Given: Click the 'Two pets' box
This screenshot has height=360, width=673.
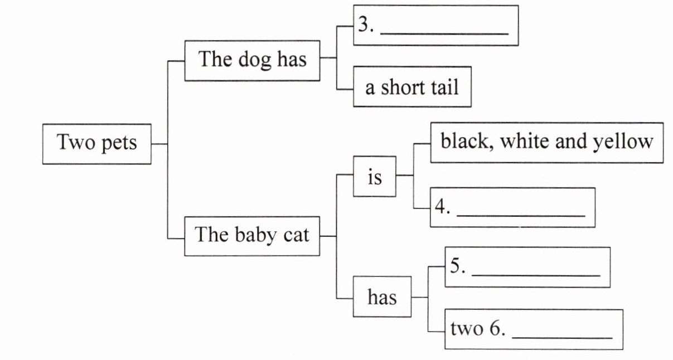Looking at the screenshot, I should (x=96, y=144).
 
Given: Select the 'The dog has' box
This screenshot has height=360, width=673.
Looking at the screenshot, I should (x=253, y=60).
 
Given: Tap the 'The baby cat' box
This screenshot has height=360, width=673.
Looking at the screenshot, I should (x=252, y=235).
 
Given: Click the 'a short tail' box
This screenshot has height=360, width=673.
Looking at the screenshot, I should (x=412, y=87).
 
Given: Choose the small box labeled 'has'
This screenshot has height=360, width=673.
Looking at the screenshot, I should (x=382, y=297).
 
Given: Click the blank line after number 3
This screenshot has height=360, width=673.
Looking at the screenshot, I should (x=444, y=32).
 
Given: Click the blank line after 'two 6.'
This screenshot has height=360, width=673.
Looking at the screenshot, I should (x=561, y=336).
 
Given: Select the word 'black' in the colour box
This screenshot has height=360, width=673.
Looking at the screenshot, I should (x=464, y=142).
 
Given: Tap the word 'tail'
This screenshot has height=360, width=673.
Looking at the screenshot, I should (x=444, y=87).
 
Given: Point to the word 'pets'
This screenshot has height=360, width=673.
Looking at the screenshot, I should (x=119, y=144).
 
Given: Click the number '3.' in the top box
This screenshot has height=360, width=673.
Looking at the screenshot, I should (x=366, y=26).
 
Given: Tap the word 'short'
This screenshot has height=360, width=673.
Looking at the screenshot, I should (x=405, y=87).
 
